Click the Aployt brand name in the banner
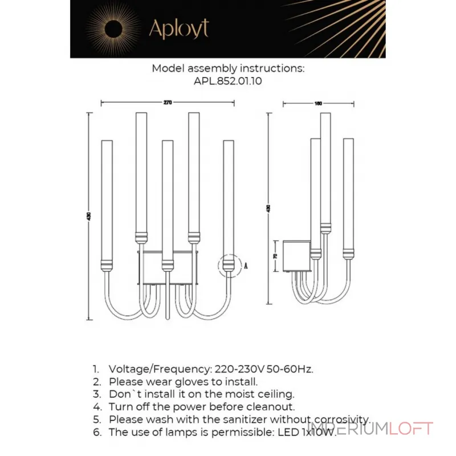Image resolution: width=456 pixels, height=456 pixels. (x=178, y=28)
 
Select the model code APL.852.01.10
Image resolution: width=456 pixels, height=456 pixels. (x=228, y=81)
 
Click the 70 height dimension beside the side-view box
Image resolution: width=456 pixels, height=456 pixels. (x=275, y=256)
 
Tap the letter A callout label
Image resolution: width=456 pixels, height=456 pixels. (x=245, y=266)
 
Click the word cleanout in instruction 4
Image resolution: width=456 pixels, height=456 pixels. (x=272, y=406)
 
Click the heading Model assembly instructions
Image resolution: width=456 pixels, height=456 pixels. (x=228, y=68)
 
